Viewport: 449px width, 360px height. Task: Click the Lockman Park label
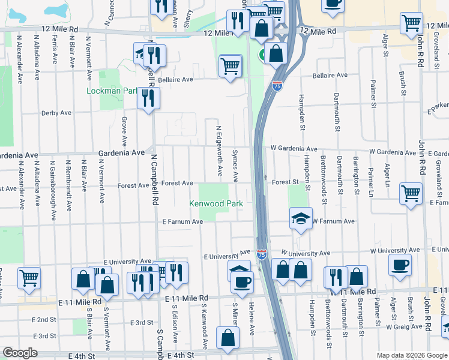pyautogui.click(x=113, y=91)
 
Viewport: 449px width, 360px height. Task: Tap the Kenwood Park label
pyautogui.click(x=216, y=203)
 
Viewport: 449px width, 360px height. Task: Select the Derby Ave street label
pyautogui.click(x=56, y=113)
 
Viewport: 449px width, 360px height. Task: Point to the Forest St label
pyautogui.click(x=285, y=182)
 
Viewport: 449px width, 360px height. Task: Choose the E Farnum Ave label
pyautogui.click(x=183, y=221)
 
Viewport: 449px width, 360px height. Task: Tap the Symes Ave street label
pyautogui.click(x=235, y=166)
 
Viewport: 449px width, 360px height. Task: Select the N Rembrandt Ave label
pyautogui.click(x=68, y=185)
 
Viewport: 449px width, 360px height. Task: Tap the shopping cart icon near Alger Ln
pyautogui.click(x=411, y=194)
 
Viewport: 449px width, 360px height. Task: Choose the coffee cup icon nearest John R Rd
pyautogui.click(x=400, y=265)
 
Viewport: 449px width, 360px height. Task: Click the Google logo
pyautogui.click(x=20, y=352)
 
